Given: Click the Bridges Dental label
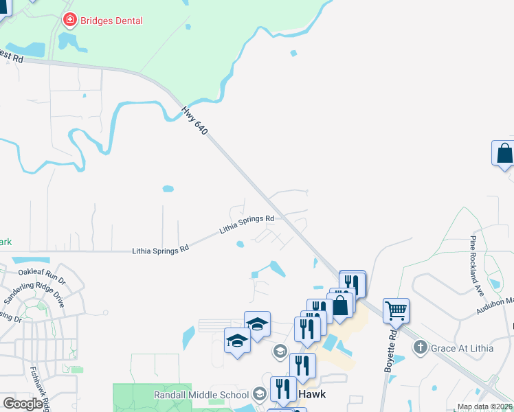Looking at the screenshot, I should click(x=111, y=21).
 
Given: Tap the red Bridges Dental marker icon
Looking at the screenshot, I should click(x=69, y=21).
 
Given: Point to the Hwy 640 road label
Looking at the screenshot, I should click(x=194, y=119).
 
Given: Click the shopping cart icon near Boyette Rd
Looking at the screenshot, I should click(x=396, y=310).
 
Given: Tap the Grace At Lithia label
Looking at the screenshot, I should click(x=462, y=348).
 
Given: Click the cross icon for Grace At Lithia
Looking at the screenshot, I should click(x=421, y=347).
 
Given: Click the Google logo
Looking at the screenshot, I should click(x=23, y=404).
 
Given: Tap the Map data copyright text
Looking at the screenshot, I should click(x=484, y=407).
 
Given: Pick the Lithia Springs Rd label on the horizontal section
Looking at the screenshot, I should click(x=160, y=251).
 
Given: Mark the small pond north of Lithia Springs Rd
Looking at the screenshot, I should click(x=168, y=189).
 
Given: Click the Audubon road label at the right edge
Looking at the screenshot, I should click(x=495, y=306).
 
